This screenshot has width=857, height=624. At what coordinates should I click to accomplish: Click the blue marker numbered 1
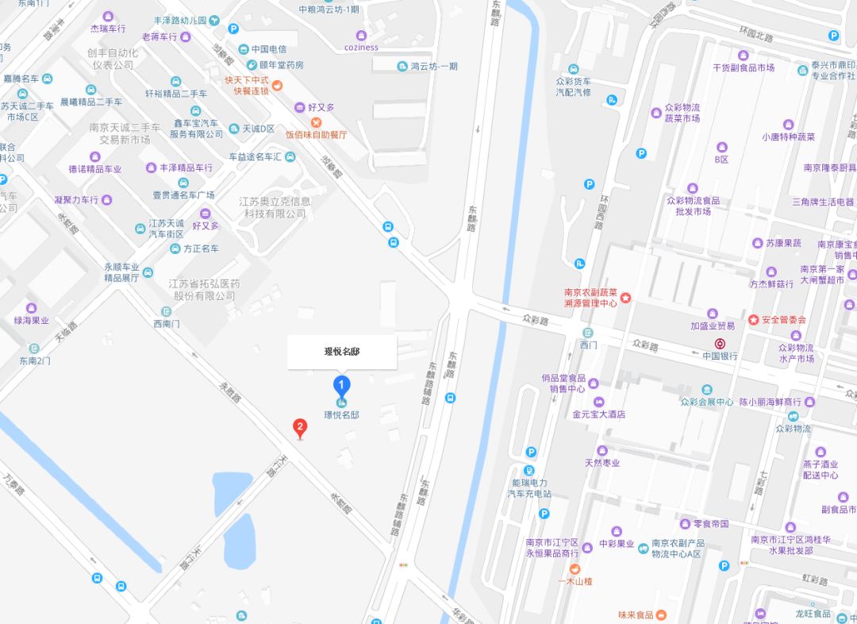341,387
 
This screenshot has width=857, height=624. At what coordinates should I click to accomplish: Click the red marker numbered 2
300,428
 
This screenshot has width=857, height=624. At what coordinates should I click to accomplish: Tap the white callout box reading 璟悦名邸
342,352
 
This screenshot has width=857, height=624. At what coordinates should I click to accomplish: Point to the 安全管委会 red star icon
753,320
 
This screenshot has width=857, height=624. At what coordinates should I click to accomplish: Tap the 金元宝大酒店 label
599,414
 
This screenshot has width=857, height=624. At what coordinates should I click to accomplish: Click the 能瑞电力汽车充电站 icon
529,469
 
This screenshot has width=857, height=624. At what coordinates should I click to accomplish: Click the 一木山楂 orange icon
575,568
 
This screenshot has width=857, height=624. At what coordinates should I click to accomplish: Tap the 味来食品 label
636,614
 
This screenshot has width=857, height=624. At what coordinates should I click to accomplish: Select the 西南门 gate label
167,323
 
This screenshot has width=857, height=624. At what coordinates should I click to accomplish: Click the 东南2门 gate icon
35,349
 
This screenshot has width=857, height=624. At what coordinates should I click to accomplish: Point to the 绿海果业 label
31,321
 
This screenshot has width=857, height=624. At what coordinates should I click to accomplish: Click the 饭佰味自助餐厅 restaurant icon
316,122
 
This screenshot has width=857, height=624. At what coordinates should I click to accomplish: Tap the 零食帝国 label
710,524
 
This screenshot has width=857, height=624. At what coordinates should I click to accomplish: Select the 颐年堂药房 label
281,64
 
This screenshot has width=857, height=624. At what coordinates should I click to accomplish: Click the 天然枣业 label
602,463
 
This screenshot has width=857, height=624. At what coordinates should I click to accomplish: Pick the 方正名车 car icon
175,248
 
